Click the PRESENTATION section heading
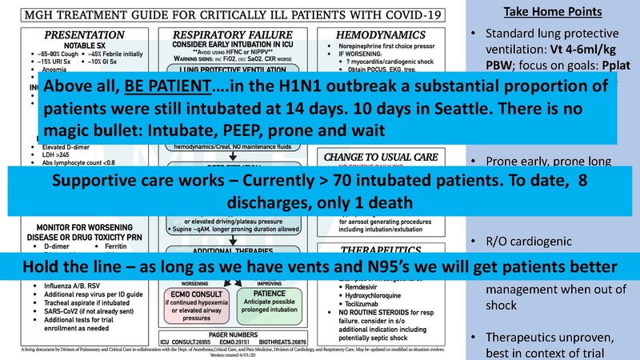click(84, 35)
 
